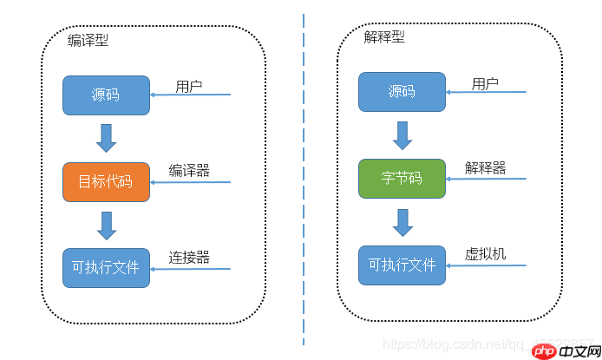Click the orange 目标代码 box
[x=106, y=181]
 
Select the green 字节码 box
[x=402, y=178]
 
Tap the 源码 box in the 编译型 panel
[x=106, y=95]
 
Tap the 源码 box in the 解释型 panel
[x=402, y=92]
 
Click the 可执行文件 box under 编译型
[x=106, y=267]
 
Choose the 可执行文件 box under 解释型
[x=402, y=265]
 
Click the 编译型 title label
[x=88, y=41]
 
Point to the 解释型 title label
[x=383, y=37]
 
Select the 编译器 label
[x=189, y=170]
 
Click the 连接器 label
[x=189, y=257]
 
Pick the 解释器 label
[x=485, y=167]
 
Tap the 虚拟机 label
[x=485, y=253]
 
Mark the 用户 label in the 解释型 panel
[x=485, y=83]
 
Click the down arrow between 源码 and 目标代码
[x=107, y=138]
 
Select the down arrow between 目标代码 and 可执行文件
[x=107, y=225]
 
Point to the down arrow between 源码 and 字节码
[x=402, y=134]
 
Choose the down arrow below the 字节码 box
[x=402, y=221]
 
